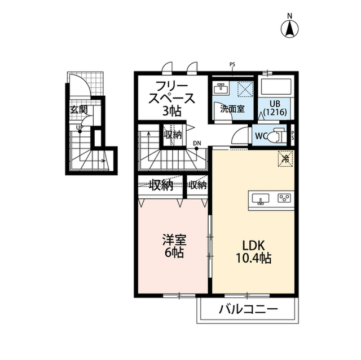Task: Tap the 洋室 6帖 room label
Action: point(174,246)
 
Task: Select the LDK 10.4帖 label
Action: point(253,252)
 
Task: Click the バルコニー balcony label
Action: point(248,310)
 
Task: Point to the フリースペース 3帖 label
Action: point(172,99)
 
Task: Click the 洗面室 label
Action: point(232,109)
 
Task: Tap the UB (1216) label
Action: point(276,108)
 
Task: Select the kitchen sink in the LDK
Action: point(261,198)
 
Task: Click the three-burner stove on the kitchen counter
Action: point(284,198)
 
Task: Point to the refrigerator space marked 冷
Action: point(285,159)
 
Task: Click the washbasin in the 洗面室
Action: point(221,88)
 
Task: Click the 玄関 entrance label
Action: point(79,110)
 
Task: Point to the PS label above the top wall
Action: point(232,65)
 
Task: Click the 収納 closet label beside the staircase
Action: point(173,135)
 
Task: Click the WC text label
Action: point(261,136)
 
